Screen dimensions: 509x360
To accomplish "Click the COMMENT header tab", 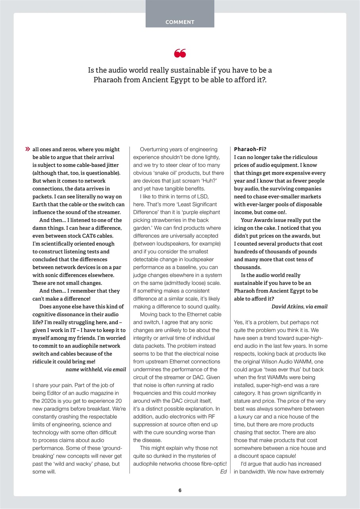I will pos(180,22).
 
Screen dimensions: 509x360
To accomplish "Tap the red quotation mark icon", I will pos(180,53).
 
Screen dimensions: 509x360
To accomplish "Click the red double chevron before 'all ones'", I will pos(27,150).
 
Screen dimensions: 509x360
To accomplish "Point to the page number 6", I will pos(180,490).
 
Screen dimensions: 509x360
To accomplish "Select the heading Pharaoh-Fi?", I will pos(250,150).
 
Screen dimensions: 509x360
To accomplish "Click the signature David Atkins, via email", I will pos(299,307).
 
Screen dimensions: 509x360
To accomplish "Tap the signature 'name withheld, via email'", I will pos(95,369).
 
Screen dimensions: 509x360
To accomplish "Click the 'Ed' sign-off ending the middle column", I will pos(223,472).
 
